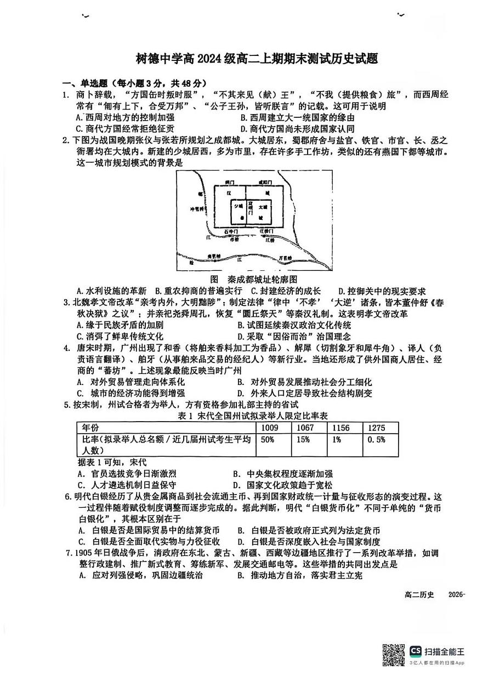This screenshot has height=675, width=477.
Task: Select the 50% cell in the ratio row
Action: point(268,440)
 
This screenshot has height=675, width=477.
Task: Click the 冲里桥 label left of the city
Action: point(196,209)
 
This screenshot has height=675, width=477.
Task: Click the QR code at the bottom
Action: point(394,654)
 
